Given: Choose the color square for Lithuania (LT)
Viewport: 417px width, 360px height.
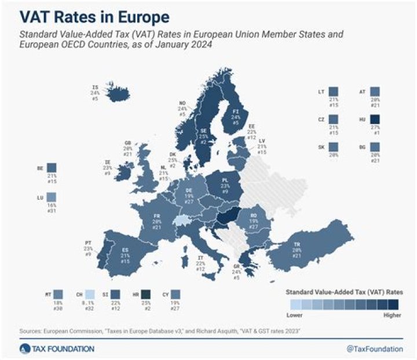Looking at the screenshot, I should tap(332, 92).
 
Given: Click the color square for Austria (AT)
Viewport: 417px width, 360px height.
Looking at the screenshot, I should tap(374, 92).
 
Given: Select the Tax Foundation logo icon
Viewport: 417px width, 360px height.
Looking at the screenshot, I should tap(24, 348).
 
